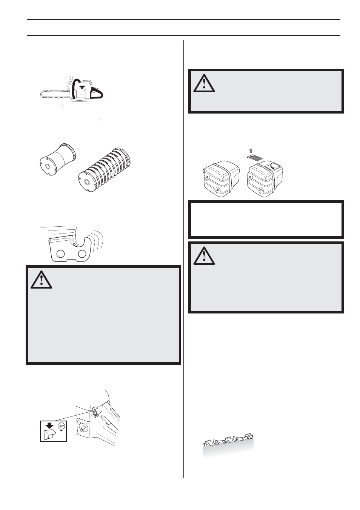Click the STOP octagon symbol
pyautogui.click(x=61, y=427)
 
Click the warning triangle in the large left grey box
pyautogui.click(x=41, y=279)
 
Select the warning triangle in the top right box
pyautogui.click(x=204, y=83)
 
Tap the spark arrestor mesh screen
pyautogui.click(x=257, y=156)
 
